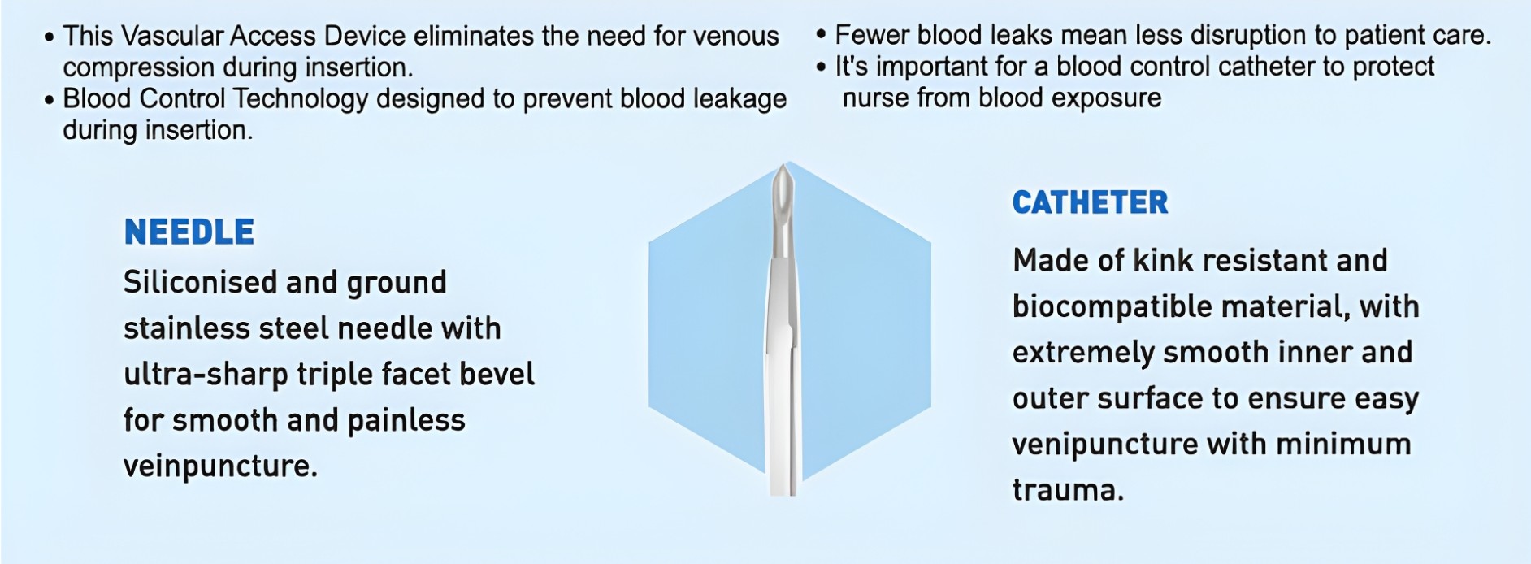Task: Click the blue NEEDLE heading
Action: point(189,232)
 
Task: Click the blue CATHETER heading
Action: point(1090,202)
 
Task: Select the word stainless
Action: point(186,329)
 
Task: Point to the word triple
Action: point(335,375)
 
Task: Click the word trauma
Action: point(1068,491)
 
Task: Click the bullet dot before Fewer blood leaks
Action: point(821,35)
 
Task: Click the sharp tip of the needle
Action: point(783,165)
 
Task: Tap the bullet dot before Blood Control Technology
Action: point(49,100)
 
